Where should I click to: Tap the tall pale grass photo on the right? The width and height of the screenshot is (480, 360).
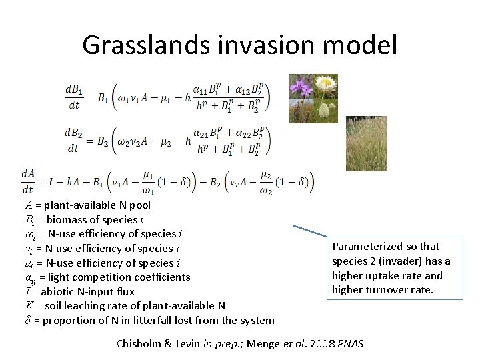pos(365,143)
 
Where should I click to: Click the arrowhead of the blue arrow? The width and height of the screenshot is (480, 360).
pos(295,227)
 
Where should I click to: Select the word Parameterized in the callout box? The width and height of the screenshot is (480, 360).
pos(365,247)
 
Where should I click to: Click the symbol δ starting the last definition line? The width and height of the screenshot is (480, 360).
pos(27,320)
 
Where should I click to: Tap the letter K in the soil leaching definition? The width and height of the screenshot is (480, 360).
pos(29,306)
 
